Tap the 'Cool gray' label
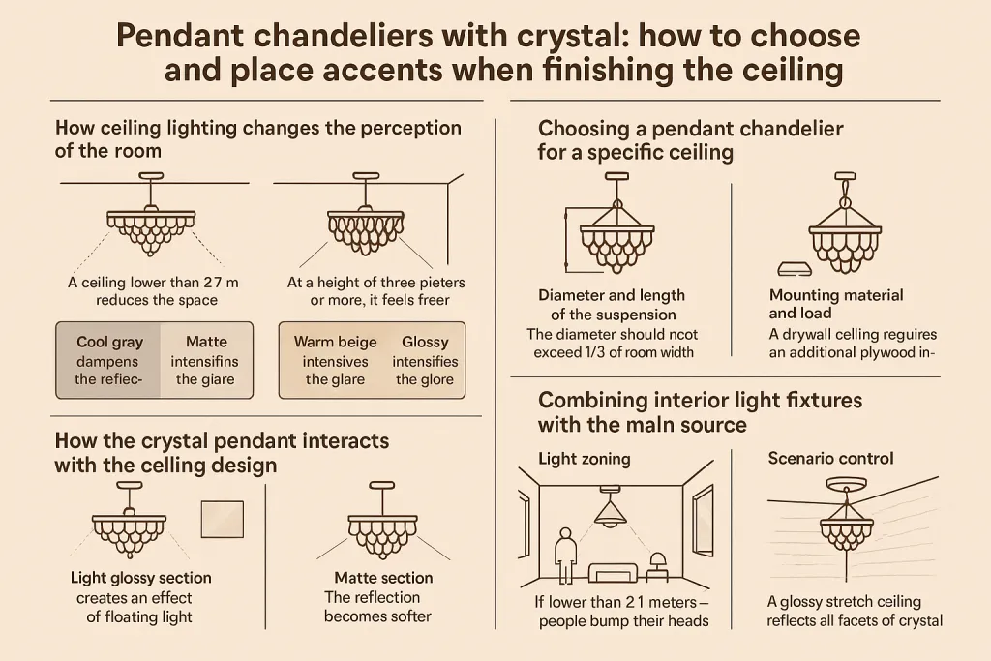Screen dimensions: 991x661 tap(110, 342)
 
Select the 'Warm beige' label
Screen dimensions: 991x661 tap(335, 342)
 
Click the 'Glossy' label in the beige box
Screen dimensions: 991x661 tap(425, 342)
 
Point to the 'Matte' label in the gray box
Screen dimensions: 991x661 tap(206, 342)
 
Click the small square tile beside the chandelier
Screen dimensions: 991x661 tap(223, 520)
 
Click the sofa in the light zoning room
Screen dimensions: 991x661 tap(613, 573)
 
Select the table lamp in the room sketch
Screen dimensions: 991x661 tap(658, 566)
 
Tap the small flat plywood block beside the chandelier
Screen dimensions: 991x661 tap(795, 269)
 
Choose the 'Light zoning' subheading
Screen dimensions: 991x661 tap(584, 459)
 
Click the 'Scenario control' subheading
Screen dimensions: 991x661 tap(830, 458)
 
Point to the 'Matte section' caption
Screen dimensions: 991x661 tap(383, 578)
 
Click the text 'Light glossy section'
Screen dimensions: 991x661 tap(141, 578)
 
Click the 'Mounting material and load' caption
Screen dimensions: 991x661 tap(835, 304)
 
